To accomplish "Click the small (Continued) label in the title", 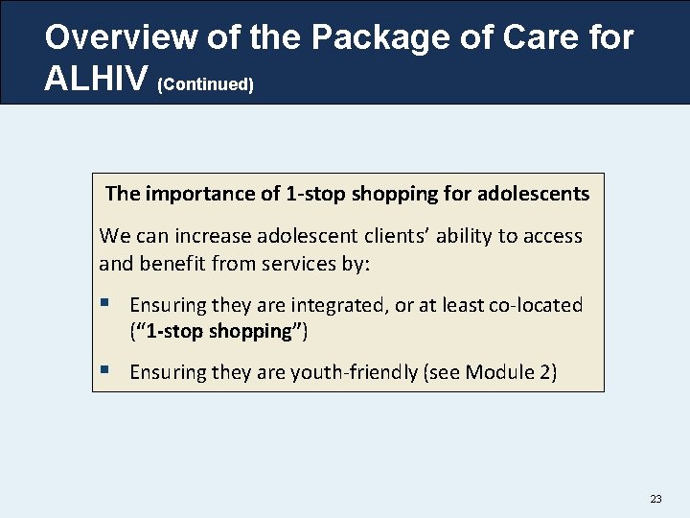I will pyautogui.click(x=205, y=84).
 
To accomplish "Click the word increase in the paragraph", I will pyautogui.click(x=193, y=236).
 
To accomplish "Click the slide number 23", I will pyautogui.click(x=655, y=499).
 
